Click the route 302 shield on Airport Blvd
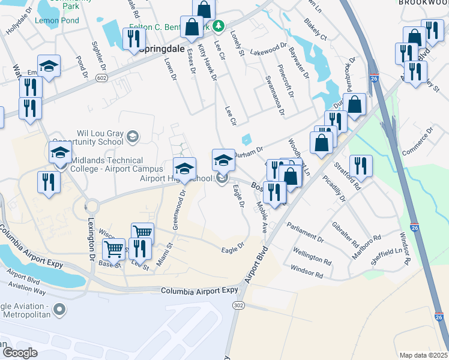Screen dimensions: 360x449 [x=238, y=305]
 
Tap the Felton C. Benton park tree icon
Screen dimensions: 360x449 [x=219, y=26]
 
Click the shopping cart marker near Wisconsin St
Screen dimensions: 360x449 [x=142, y=233]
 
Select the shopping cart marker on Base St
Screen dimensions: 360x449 [x=113, y=248]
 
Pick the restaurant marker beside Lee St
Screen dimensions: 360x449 [x=140, y=248]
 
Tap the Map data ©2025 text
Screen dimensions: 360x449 [x=423, y=355]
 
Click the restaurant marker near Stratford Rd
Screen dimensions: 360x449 [x=361, y=166]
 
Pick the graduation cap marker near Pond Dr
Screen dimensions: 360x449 [x=49, y=65]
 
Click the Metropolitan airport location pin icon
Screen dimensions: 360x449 [x=59, y=310]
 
